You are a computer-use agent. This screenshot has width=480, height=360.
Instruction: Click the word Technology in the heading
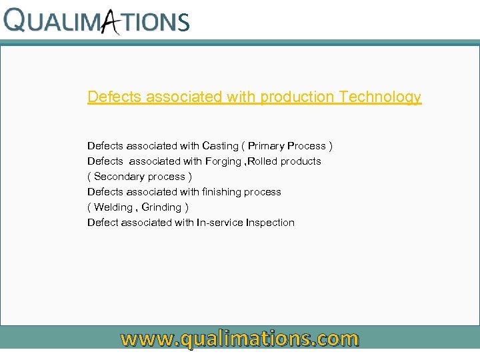click(380, 97)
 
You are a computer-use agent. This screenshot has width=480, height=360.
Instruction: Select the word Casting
click(220, 146)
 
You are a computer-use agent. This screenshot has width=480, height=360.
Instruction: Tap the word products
click(301, 161)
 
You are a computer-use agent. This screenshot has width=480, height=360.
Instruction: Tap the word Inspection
click(270, 223)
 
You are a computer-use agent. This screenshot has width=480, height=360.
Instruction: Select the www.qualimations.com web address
click(239, 339)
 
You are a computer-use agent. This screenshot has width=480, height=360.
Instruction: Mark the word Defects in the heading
click(115, 97)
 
